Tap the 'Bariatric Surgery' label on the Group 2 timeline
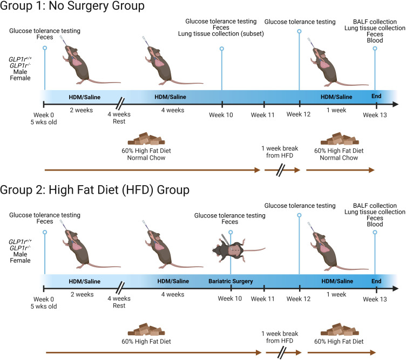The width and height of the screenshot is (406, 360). pyautogui.click(x=231, y=281)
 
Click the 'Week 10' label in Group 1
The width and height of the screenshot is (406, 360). pyautogui.click(x=222, y=114)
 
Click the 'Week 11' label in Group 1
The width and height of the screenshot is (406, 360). pyautogui.click(x=263, y=114)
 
